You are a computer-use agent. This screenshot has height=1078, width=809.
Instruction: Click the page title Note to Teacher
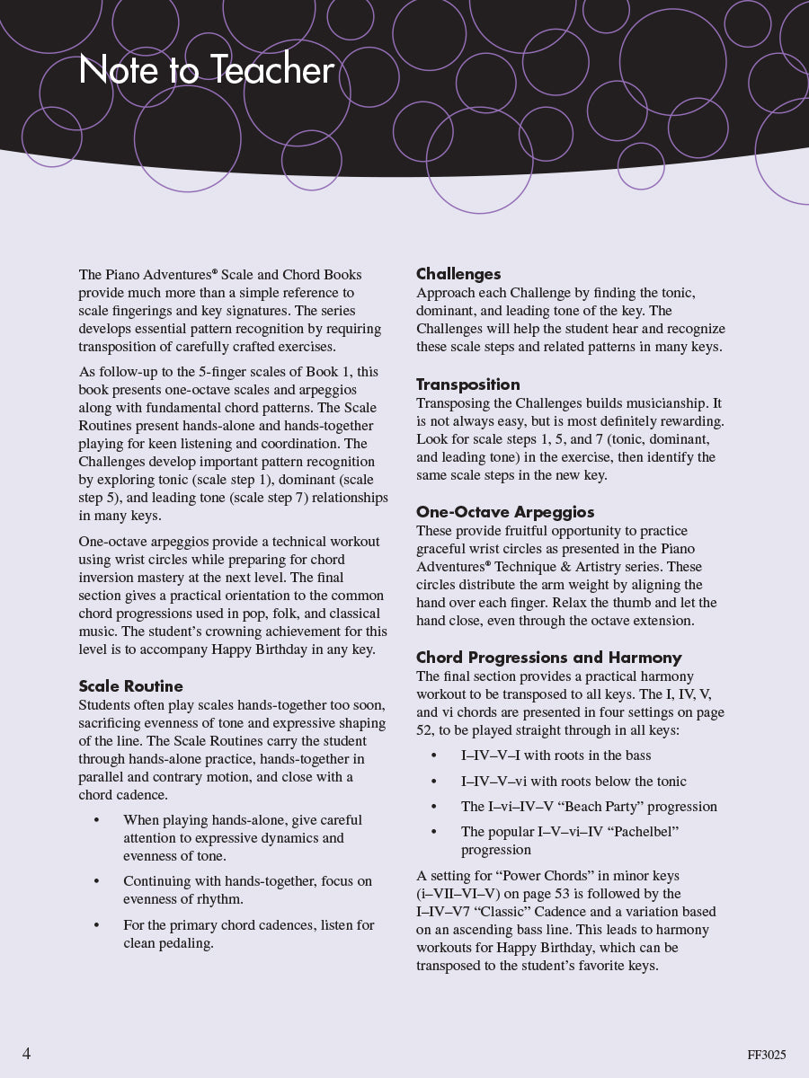(207, 71)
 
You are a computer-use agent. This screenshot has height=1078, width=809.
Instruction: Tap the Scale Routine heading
(130, 686)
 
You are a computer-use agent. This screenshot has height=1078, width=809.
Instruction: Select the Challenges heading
(458, 274)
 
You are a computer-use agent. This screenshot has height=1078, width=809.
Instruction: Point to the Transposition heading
(467, 384)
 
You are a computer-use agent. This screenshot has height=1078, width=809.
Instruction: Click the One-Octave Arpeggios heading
(505, 512)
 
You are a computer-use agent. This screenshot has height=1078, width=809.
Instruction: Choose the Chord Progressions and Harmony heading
(548, 658)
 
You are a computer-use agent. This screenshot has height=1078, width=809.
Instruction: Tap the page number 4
(27, 1054)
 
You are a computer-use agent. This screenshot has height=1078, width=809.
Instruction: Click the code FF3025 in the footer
(766, 1056)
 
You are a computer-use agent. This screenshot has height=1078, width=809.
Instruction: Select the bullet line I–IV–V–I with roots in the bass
(556, 755)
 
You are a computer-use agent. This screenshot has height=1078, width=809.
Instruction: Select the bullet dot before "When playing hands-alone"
(97, 820)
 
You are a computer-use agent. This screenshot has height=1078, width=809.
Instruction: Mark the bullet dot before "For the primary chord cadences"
(97, 924)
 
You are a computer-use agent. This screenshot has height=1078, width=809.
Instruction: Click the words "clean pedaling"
(168, 943)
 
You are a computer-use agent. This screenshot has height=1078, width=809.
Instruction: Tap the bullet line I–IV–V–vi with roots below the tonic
(573, 782)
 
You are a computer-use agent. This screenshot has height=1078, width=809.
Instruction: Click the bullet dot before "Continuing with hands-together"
(97, 881)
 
